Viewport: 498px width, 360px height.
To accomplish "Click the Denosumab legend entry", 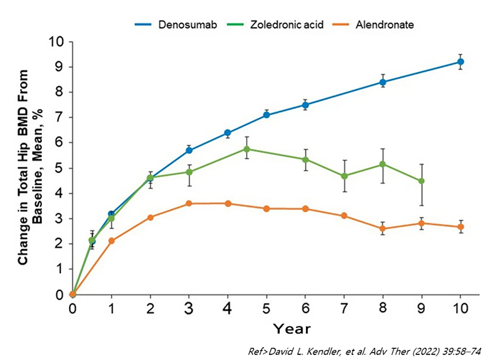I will coord(181,24).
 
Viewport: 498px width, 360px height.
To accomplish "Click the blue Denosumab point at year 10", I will coord(460,62).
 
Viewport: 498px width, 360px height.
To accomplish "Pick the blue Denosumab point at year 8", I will coord(383,82).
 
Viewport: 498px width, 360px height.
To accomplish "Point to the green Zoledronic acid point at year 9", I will coord(422,181).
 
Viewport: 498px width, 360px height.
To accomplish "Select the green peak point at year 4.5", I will coord(247,149).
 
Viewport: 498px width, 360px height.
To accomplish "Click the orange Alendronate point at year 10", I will coord(460,227).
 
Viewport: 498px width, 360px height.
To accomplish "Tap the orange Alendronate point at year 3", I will coord(189,203).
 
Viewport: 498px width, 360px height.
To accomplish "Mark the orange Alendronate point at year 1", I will coord(111,240).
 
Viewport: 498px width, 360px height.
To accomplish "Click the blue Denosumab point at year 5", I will coord(266,115).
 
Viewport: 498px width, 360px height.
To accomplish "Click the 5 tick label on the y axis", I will coord(60,169).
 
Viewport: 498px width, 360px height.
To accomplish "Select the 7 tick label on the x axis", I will coord(344,309).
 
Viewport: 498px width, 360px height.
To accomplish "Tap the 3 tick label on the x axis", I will coord(189,309).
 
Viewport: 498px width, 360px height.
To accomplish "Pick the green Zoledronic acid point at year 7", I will coord(344,176).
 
